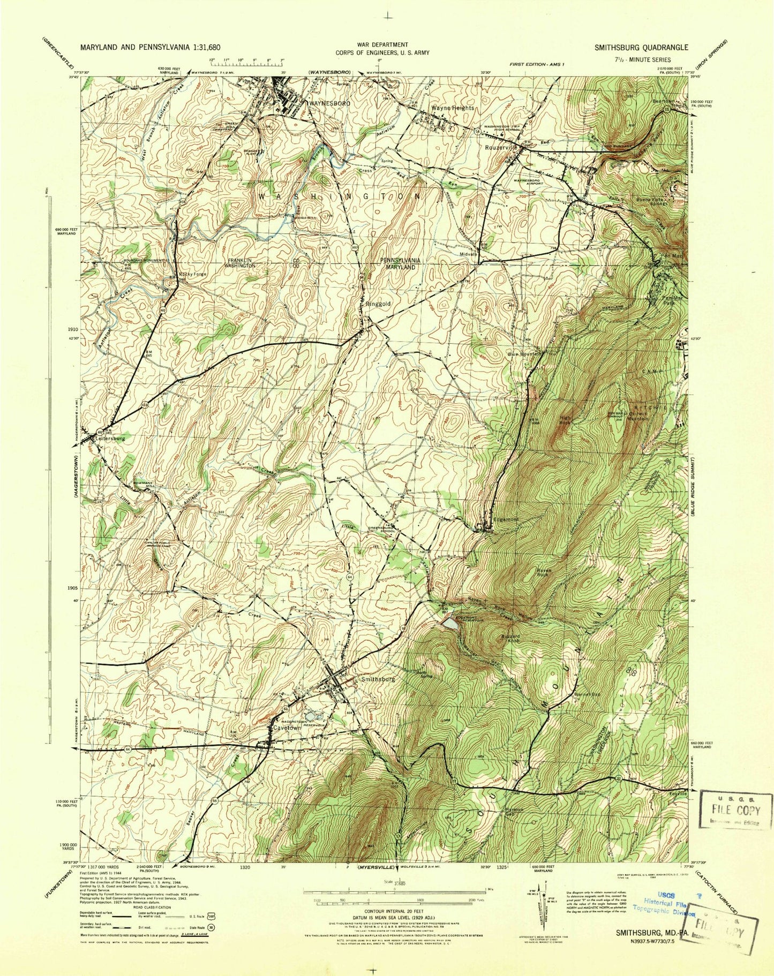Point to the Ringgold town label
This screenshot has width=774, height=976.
(x=378, y=304)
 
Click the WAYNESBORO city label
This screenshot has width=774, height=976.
(x=329, y=103)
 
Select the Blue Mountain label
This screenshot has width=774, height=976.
(x=525, y=354)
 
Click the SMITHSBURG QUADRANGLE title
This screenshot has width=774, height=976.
(x=641, y=47)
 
